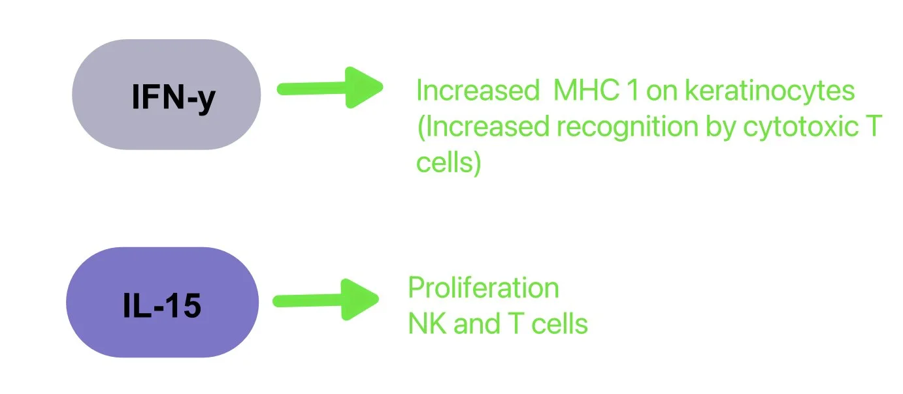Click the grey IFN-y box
[x=166, y=95]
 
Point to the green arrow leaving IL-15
[x=326, y=299]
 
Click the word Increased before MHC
[x=476, y=91]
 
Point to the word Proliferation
[x=483, y=288]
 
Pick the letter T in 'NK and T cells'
[x=508, y=324]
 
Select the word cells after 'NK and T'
[x=556, y=324]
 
